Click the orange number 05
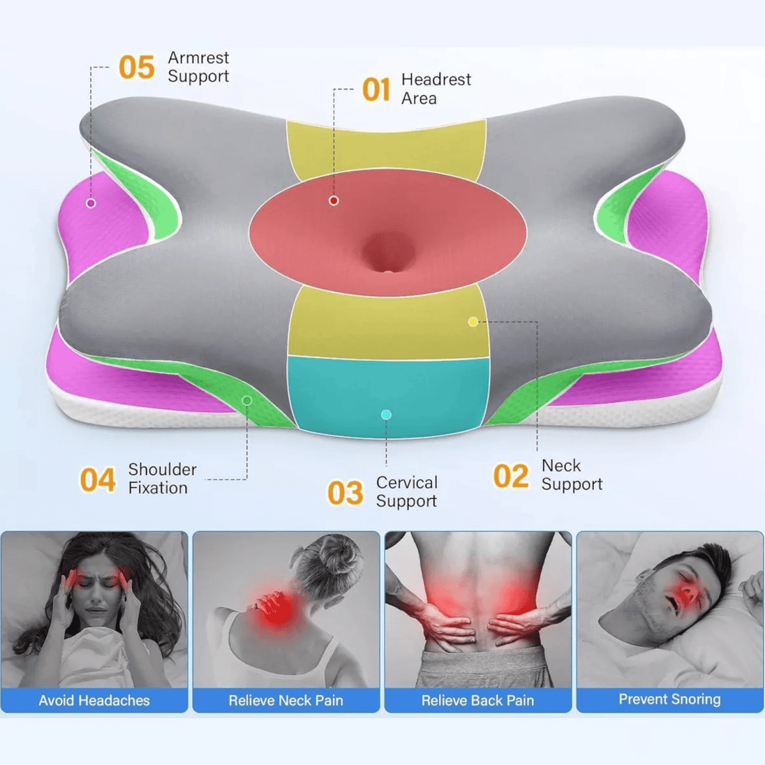pos(137,67)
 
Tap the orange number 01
pos(376,89)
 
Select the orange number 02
pos(511,476)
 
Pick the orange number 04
pos(98,480)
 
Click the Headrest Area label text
pos(436,89)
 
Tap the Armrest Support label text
pos(198,67)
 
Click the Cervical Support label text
pos(407,492)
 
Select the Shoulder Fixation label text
pos(163,479)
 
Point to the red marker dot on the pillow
pos(334,200)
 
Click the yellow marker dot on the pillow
pos(473,322)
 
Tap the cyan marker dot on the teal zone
pos(386,415)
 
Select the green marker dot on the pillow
pos(247,401)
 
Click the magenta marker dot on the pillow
pos(91,203)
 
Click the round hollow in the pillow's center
pos(389,253)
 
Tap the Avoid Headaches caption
pos(94,701)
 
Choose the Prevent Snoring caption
pos(669,699)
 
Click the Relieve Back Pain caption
pos(477,701)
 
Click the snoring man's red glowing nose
pos(688,591)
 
